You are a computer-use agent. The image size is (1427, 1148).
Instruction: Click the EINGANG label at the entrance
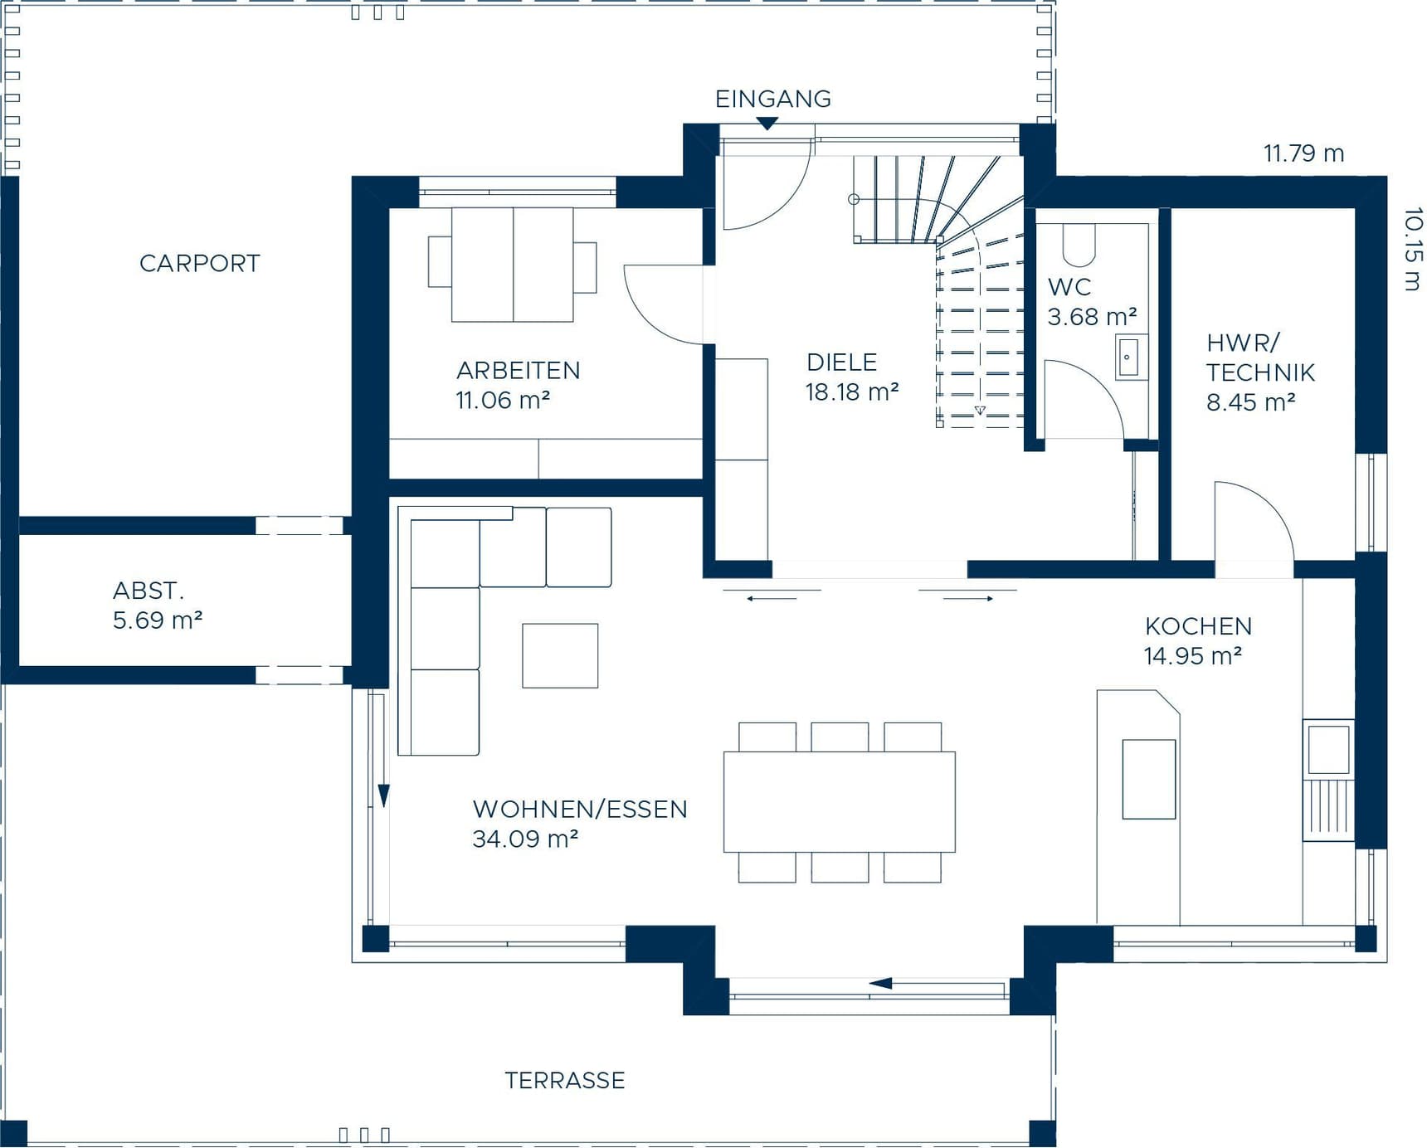tap(772, 99)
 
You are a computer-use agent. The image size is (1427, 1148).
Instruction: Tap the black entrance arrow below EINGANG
tap(767, 124)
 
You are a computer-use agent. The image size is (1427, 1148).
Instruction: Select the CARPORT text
tap(199, 264)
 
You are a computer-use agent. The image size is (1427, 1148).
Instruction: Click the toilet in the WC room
tap(1079, 242)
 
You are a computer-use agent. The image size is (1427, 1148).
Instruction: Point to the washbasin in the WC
tap(1130, 358)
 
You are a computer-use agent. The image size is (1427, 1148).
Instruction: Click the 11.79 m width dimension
tap(1303, 153)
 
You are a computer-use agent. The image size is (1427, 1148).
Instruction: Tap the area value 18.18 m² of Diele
tap(852, 392)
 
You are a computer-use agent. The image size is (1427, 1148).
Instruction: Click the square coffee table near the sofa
tap(560, 655)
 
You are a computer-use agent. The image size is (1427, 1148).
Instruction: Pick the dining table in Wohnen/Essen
tap(839, 801)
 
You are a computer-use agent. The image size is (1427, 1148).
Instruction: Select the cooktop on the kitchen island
tap(1148, 779)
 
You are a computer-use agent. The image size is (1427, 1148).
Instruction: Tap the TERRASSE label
tap(565, 1080)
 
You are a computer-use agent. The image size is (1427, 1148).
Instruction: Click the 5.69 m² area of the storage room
tap(158, 620)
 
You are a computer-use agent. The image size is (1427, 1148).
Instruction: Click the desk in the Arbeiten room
tap(512, 265)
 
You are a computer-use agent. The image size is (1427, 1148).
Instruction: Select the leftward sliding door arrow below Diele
tap(772, 597)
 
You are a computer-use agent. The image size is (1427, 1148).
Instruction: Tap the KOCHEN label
tap(1198, 626)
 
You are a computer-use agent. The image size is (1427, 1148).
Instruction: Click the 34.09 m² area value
tap(524, 839)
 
